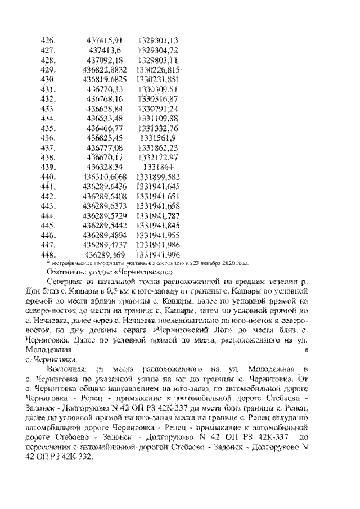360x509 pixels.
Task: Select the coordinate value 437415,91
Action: coord(105,40)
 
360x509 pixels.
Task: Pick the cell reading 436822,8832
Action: coord(105,70)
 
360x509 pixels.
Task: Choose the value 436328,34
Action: coord(105,167)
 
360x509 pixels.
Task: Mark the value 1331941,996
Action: coord(157,255)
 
